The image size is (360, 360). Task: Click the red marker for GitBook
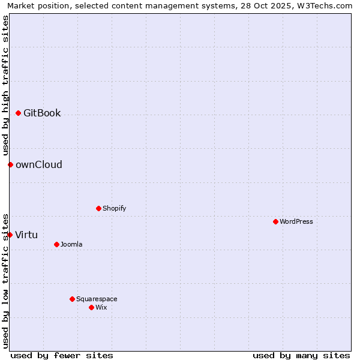pos(18,113)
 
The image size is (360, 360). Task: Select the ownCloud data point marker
pos(10,164)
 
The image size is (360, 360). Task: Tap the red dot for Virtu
pos(10,235)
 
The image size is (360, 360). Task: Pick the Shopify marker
pos(98,208)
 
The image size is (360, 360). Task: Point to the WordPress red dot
pos(275,221)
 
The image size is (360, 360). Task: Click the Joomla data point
pos(56,244)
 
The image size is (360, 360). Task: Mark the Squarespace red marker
pos(72,299)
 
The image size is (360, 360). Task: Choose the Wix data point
pos(91,307)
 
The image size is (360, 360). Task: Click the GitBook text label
pos(42,113)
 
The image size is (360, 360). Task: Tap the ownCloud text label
pos(39,164)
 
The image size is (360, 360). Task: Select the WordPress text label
pos(296,221)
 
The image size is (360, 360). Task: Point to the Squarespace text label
pos(97,299)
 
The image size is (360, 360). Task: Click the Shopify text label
pos(114,208)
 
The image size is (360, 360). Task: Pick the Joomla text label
pos(71,244)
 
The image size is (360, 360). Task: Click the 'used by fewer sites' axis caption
pos(62,355)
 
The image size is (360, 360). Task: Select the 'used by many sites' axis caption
pos(301,355)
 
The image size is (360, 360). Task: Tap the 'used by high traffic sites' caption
pos(5,85)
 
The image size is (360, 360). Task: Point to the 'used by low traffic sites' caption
pos(5,280)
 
